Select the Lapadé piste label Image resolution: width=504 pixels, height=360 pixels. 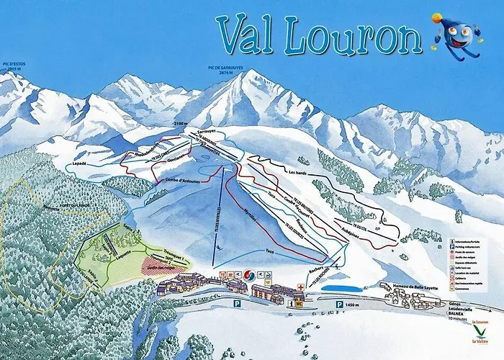(x=81, y=164)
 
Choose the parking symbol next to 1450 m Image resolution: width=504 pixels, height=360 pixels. (x=339, y=305)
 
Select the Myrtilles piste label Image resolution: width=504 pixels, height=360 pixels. (x=250, y=215)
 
